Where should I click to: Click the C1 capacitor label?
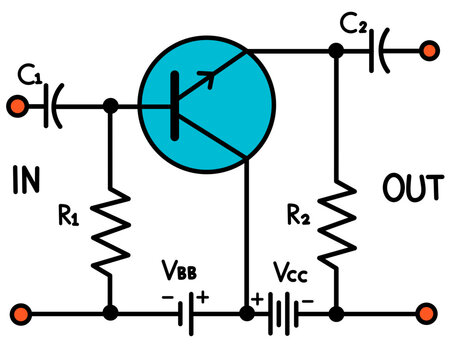pyautogui.click(x=29, y=74)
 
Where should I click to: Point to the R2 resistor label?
pyautogui.click(x=297, y=212)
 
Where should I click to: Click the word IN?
pyautogui.click(x=30, y=180)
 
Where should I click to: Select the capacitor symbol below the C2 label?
pyautogui.click(x=379, y=51)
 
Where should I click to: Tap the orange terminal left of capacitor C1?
pyautogui.click(x=17, y=104)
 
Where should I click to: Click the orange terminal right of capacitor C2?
pyautogui.click(x=429, y=51)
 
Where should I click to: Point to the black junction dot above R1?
pyautogui.click(x=112, y=104)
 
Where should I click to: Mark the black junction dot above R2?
pyautogui.click(x=337, y=51)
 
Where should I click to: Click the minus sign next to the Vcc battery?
pyautogui.click(x=309, y=297)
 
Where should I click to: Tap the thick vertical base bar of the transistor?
pyautogui.click(x=176, y=104)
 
